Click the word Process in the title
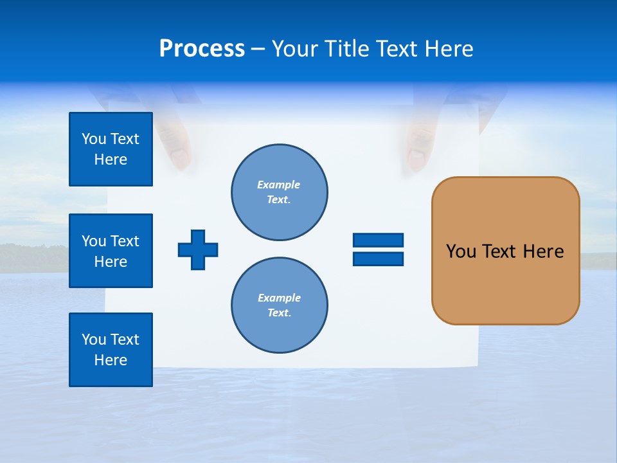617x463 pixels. [x=202, y=49]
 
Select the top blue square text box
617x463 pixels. [x=111, y=149]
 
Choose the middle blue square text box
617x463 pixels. [x=111, y=251]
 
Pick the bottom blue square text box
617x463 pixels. [x=111, y=350]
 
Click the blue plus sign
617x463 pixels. [x=198, y=250]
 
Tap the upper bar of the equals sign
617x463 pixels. [x=378, y=240]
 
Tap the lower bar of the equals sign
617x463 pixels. [x=378, y=259]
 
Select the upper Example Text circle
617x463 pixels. [x=280, y=192]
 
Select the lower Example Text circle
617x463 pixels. [x=280, y=305]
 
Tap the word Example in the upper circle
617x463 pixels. [x=279, y=185]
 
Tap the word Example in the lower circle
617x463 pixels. [x=279, y=298]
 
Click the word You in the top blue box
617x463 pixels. [x=94, y=139]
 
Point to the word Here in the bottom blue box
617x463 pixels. [x=111, y=360]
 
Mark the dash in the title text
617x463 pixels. [x=258, y=49]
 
